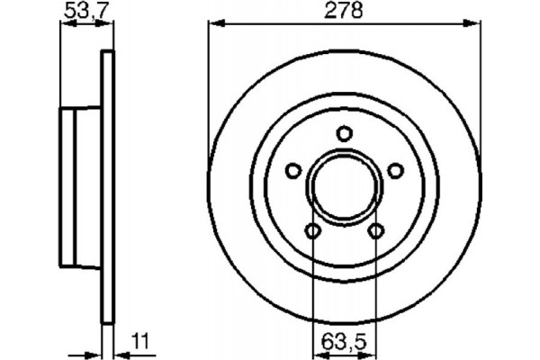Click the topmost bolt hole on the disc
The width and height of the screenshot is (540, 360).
click(x=344, y=134)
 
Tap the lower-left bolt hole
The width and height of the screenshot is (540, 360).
click(x=312, y=233)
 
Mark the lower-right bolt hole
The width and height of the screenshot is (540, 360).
click(x=375, y=233)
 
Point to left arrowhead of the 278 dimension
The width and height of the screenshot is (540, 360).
click(x=213, y=24)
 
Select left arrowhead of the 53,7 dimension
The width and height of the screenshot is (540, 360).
click(x=65, y=24)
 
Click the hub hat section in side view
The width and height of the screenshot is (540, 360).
click(x=80, y=188)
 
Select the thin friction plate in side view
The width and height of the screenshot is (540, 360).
click(x=108, y=188)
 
